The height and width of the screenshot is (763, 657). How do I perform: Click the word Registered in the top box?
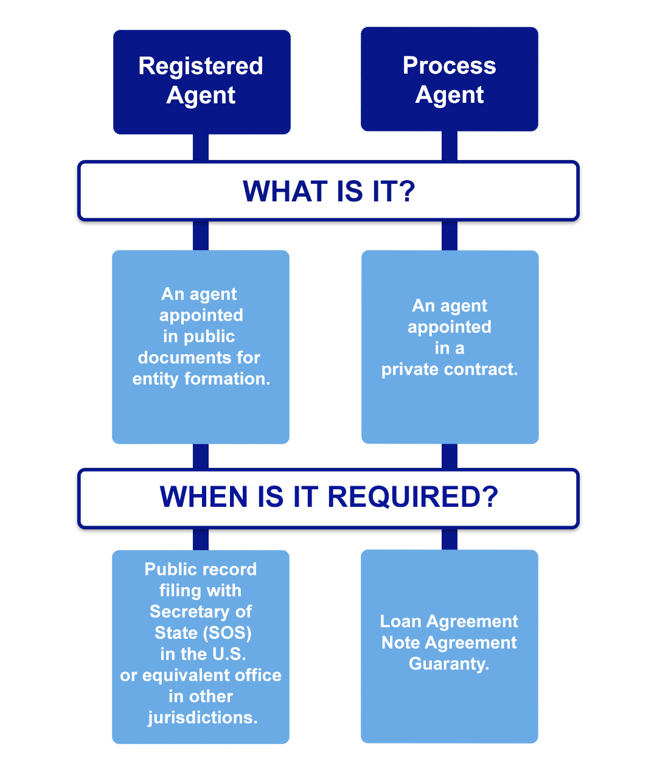[201, 66]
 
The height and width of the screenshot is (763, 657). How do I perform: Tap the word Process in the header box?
[449, 65]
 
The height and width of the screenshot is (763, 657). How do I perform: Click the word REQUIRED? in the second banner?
[413, 497]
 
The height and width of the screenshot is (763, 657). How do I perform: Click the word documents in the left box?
[181, 357]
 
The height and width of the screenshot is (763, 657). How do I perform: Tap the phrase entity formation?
[201, 378]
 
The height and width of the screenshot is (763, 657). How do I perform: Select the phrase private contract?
[449, 369]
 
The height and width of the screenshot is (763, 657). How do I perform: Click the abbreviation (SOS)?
[227, 633]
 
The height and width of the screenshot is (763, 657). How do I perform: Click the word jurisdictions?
[203, 718]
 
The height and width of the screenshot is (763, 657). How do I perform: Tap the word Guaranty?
[449, 664]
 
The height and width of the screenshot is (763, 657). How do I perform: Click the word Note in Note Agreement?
[400, 643]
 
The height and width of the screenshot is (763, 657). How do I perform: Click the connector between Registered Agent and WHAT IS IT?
[201, 147]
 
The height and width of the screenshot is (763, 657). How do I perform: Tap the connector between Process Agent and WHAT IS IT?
[449, 146]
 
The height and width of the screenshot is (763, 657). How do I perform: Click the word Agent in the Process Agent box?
[449, 95]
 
